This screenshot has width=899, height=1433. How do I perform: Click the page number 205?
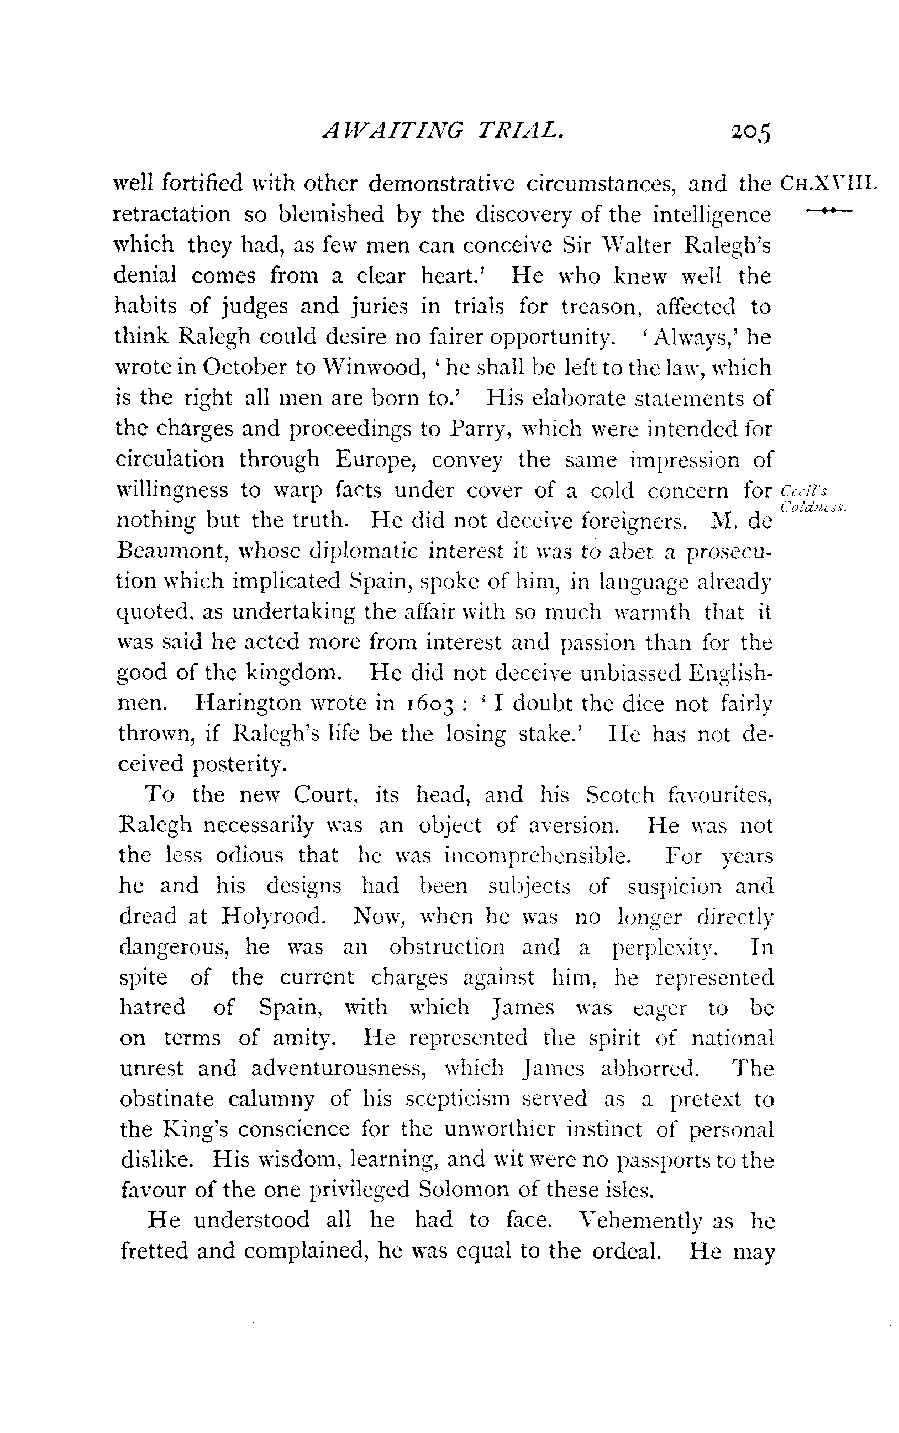click(750, 132)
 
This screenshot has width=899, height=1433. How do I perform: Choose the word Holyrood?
click(273, 917)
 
